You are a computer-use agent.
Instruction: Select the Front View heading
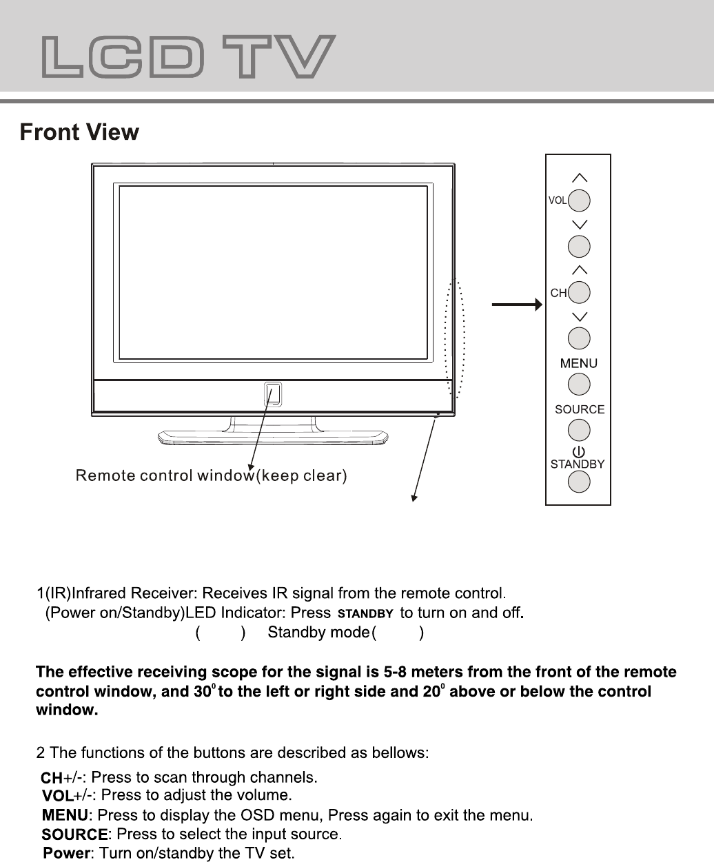click(x=79, y=132)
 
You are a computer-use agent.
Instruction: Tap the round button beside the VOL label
click(x=580, y=201)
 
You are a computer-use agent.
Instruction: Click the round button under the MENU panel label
click(x=580, y=384)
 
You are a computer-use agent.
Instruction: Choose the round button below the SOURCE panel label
click(x=580, y=430)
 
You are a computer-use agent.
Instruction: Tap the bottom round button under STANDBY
click(x=580, y=481)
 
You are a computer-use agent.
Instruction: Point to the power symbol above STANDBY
click(x=578, y=453)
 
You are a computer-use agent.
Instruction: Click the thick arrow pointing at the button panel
click(x=517, y=304)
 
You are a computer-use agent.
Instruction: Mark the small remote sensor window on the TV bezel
click(x=273, y=394)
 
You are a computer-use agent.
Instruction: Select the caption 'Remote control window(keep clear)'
click(x=212, y=475)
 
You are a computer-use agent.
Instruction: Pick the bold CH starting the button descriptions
click(x=52, y=779)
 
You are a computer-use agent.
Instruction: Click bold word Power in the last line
click(x=66, y=854)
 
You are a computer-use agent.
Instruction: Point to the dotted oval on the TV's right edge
click(x=456, y=338)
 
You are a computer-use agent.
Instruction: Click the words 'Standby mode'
click(x=317, y=632)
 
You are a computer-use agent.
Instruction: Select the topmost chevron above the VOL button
click(x=580, y=178)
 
